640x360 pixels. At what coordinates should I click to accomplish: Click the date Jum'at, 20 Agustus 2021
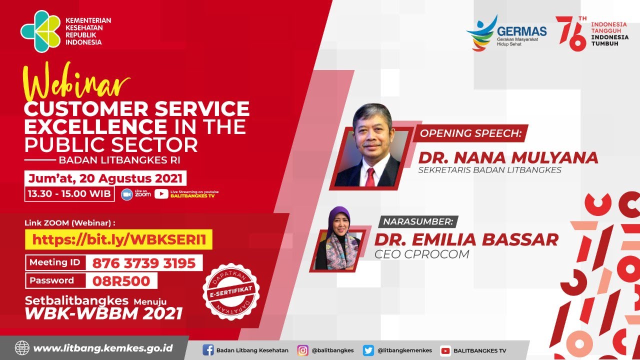pos(106,178)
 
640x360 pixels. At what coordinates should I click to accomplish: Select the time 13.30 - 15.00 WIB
pos(69,193)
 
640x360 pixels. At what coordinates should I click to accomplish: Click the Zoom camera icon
pos(127,194)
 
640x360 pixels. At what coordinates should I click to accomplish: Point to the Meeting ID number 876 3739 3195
pos(144,263)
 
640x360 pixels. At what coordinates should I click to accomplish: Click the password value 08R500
pos(121,281)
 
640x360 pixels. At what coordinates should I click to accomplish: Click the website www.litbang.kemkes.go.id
pos(102,348)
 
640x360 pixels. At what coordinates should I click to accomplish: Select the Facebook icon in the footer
pos(208,350)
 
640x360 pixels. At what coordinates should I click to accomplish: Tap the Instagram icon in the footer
pos(303,350)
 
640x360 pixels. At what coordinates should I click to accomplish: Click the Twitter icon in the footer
pos(368,350)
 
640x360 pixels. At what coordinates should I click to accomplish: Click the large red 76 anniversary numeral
pos(571,33)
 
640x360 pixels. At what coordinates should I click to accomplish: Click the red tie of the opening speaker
pos(370,176)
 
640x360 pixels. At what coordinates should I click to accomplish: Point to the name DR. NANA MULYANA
pos(507,157)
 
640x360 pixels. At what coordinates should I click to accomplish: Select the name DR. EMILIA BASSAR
pos(466,239)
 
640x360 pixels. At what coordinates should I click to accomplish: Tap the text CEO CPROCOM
pos(422,254)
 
